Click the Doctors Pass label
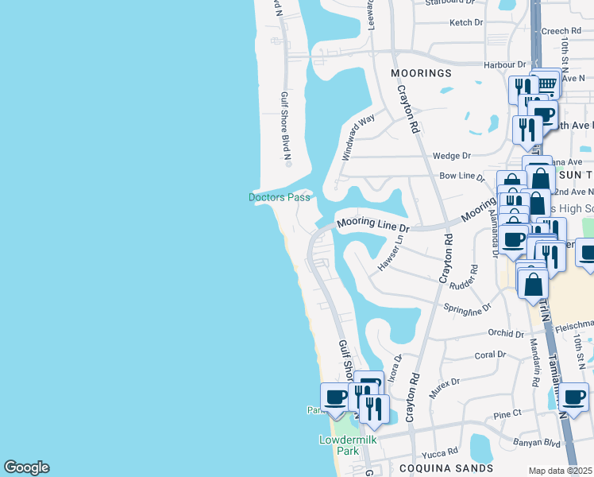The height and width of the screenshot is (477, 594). pyautogui.click(x=279, y=197)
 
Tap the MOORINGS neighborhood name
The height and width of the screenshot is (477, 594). pyautogui.click(x=422, y=73)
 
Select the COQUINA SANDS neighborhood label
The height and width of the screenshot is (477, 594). pyautogui.click(x=445, y=468)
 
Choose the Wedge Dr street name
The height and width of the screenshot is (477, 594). pyautogui.click(x=451, y=156)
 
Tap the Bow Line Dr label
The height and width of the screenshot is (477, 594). pyautogui.click(x=461, y=175)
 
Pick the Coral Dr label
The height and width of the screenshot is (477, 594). pyautogui.click(x=490, y=355)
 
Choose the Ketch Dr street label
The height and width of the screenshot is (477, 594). pyautogui.click(x=466, y=23)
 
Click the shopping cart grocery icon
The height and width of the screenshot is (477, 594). pyautogui.click(x=546, y=83)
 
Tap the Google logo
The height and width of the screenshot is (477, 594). pyautogui.click(x=26, y=467)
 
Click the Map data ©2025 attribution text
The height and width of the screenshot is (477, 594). pyautogui.click(x=561, y=471)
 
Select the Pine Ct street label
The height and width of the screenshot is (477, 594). pyautogui.click(x=507, y=414)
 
